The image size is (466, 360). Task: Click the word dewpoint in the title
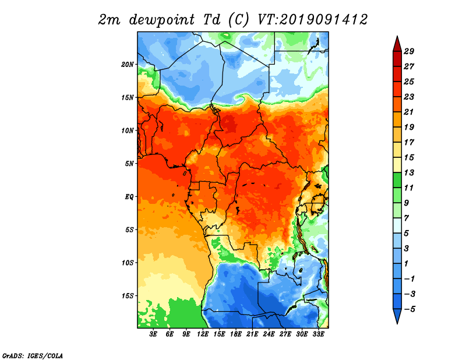[x=162, y=20]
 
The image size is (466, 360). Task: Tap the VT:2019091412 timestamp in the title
[x=313, y=20]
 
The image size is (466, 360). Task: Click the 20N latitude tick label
[x=128, y=65]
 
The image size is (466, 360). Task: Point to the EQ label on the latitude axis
[x=129, y=197]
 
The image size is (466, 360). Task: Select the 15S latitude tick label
[x=128, y=296]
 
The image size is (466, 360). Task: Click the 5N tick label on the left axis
[x=129, y=164]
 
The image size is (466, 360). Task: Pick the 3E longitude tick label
[x=153, y=334]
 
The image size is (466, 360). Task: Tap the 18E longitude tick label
[x=236, y=334]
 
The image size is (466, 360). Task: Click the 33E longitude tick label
[x=318, y=334]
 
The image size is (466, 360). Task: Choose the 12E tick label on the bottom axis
[x=203, y=334]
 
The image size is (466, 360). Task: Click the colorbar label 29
[x=409, y=51]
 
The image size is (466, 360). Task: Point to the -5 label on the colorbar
[x=409, y=309]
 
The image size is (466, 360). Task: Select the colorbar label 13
[x=409, y=172]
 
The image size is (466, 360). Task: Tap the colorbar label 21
[x=409, y=112]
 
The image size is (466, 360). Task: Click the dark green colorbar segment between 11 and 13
[x=397, y=180]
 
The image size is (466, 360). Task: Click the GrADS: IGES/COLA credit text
[x=33, y=356]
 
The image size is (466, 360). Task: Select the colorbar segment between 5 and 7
[x=397, y=225]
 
